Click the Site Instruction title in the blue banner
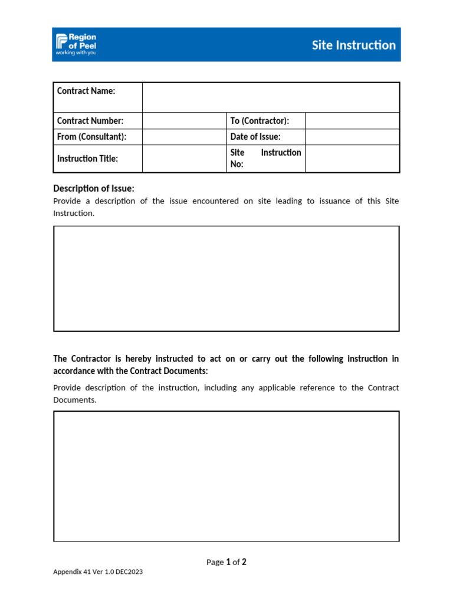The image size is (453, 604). pyautogui.click(x=353, y=45)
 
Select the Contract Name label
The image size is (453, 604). pyautogui.click(x=86, y=91)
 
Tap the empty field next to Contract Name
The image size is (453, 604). pyautogui.click(x=271, y=97)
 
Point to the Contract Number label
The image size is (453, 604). pyautogui.click(x=90, y=121)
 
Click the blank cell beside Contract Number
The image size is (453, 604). pyautogui.click(x=184, y=121)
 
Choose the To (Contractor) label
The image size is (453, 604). pyautogui.click(x=260, y=121)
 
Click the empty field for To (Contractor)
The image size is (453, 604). pyautogui.click(x=352, y=121)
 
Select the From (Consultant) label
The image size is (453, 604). pyautogui.click(x=91, y=137)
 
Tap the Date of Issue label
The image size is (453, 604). pyautogui.click(x=255, y=137)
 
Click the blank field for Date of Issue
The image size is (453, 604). pyautogui.click(x=352, y=137)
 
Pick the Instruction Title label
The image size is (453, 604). pyautogui.click(x=87, y=159)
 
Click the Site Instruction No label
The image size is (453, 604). pyautogui.click(x=265, y=158)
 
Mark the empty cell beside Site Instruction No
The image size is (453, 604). pyautogui.click(x=352, y=159)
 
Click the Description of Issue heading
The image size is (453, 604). pyautogui.click(x=94, y=189)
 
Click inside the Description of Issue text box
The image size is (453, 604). pyautogui.click(x=226, y=278)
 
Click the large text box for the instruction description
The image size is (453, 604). pyautogui.click(x=226, y=476)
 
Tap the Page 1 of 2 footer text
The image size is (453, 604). pyautogui.click(x=226, y=562)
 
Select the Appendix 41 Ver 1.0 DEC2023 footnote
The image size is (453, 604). pyautogui.click(x=98, y=572)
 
